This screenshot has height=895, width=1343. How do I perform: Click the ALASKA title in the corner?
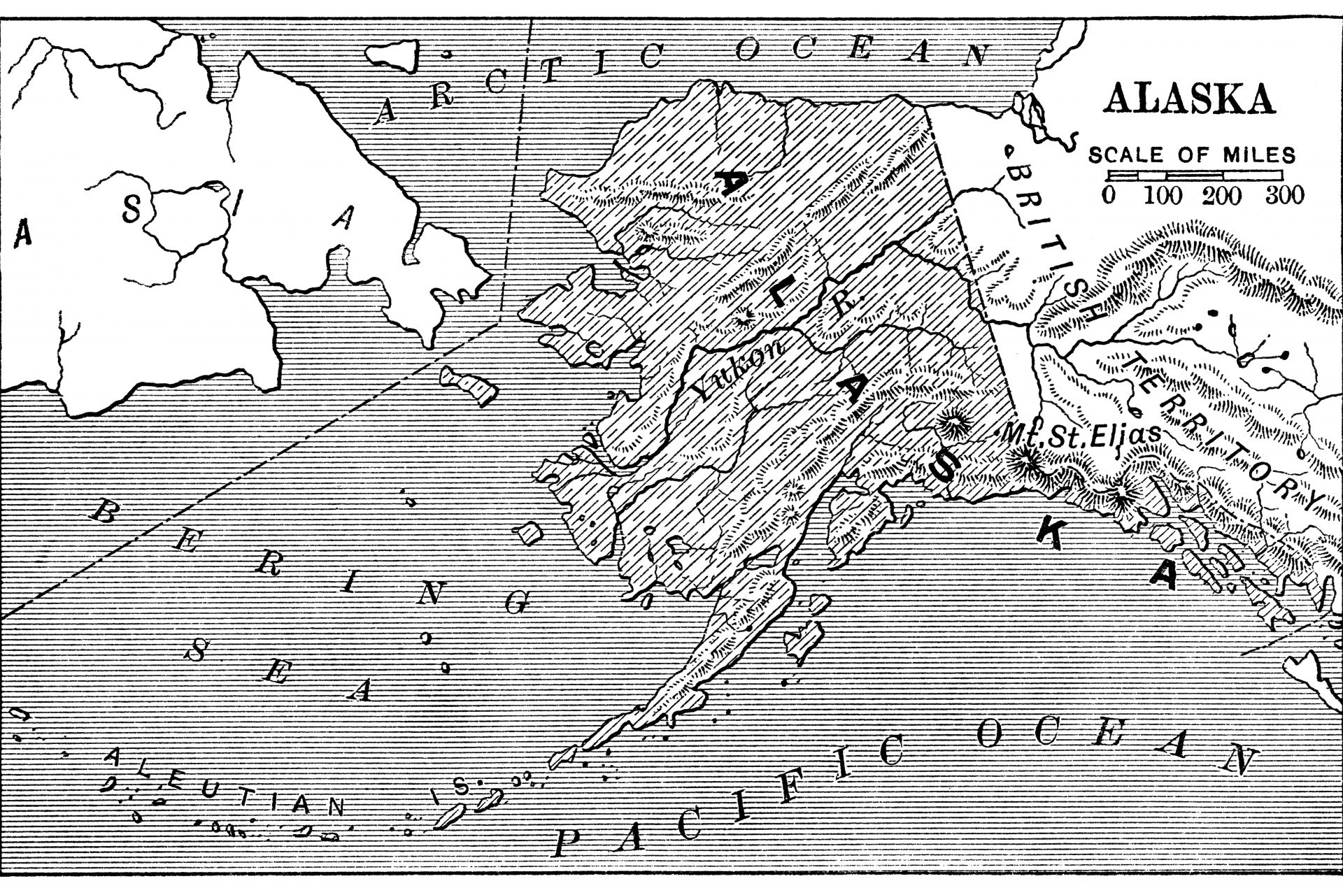[1188, 99]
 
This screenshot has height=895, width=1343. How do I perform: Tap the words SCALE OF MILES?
[1191, 155]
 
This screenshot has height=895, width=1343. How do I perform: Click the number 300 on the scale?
[1285, 195]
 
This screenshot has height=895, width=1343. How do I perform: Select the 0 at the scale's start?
[1109, 195]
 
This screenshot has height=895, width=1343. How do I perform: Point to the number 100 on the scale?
[1163, 195]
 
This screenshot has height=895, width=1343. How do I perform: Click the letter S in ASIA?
[131, 209]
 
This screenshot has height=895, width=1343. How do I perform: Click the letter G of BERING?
[517, 603]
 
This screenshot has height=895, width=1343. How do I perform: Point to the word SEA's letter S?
[199, 652]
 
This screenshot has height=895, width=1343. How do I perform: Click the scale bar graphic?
[1195, 176]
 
